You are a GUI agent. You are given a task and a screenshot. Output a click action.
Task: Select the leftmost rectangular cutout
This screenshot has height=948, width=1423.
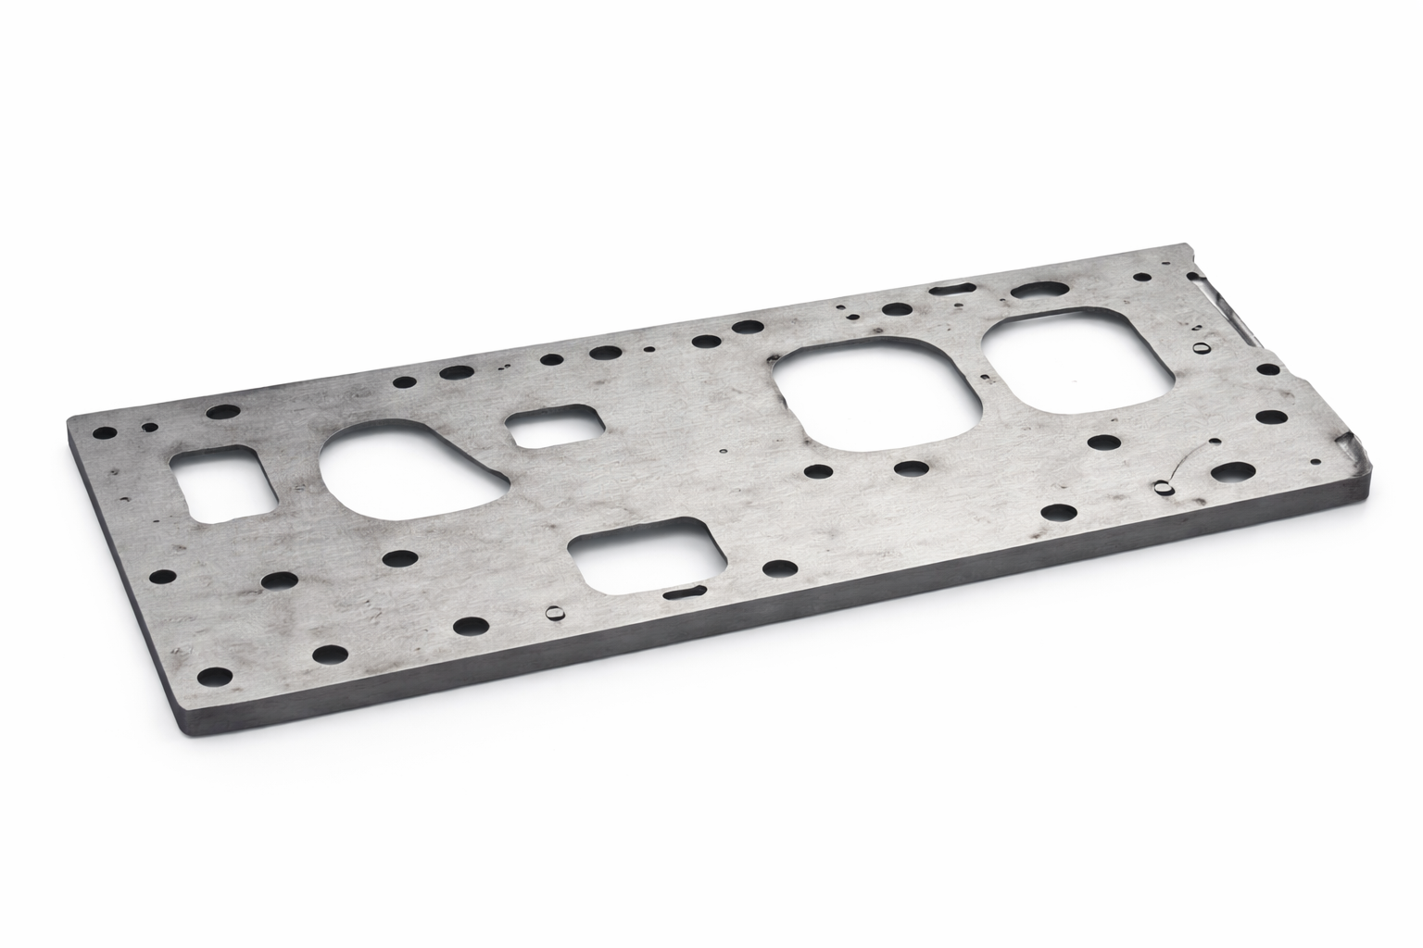click(x=222, y=481)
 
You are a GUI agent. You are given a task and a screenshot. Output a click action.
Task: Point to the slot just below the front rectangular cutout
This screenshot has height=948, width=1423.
click(x=686, y=591)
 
